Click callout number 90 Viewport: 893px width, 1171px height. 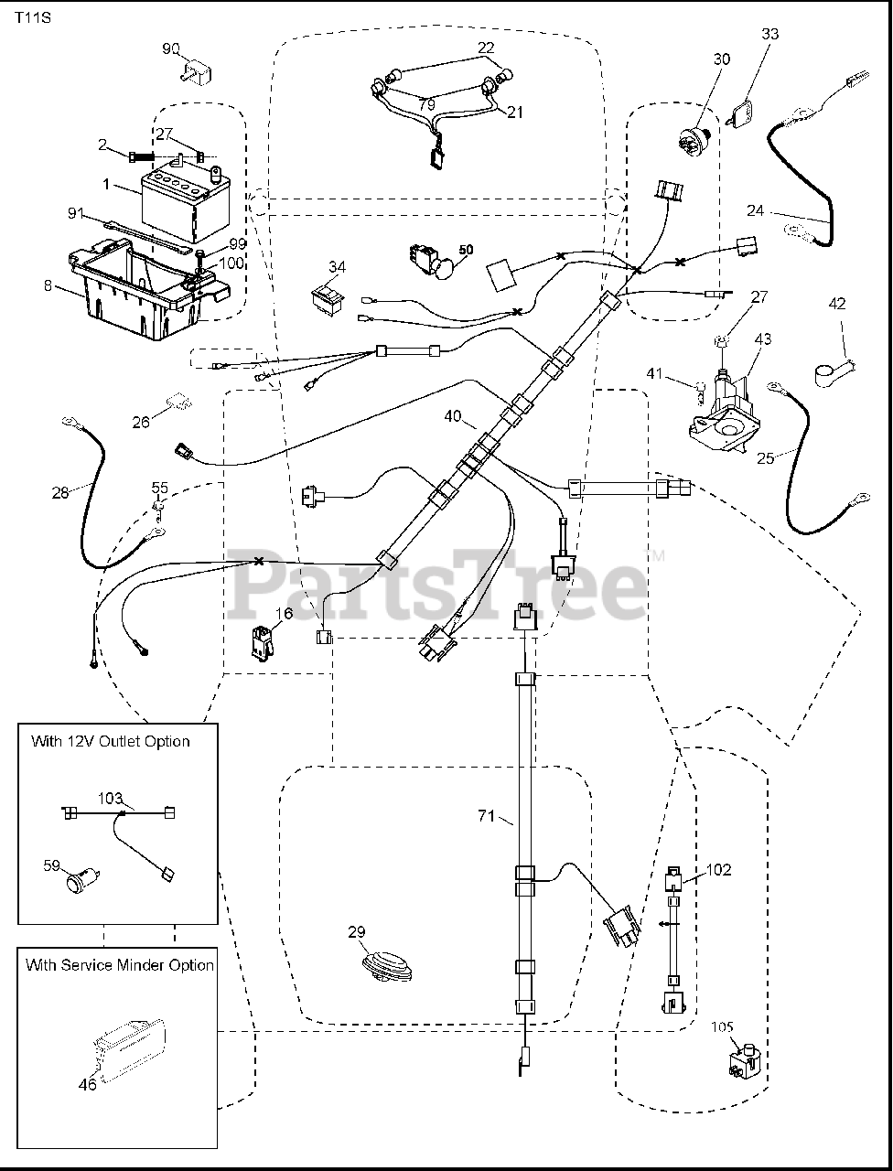click(x=172, y=48)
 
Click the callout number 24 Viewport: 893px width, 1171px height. click(x=754, y=209)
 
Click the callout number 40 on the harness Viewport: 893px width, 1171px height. click(x=452, y=417)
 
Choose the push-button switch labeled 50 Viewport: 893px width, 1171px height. click(x=435, y=263)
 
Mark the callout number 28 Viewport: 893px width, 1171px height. click(x=60, y=492)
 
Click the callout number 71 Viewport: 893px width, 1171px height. click(x=486, y=815)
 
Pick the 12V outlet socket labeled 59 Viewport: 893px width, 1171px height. click(x=79, y=883)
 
